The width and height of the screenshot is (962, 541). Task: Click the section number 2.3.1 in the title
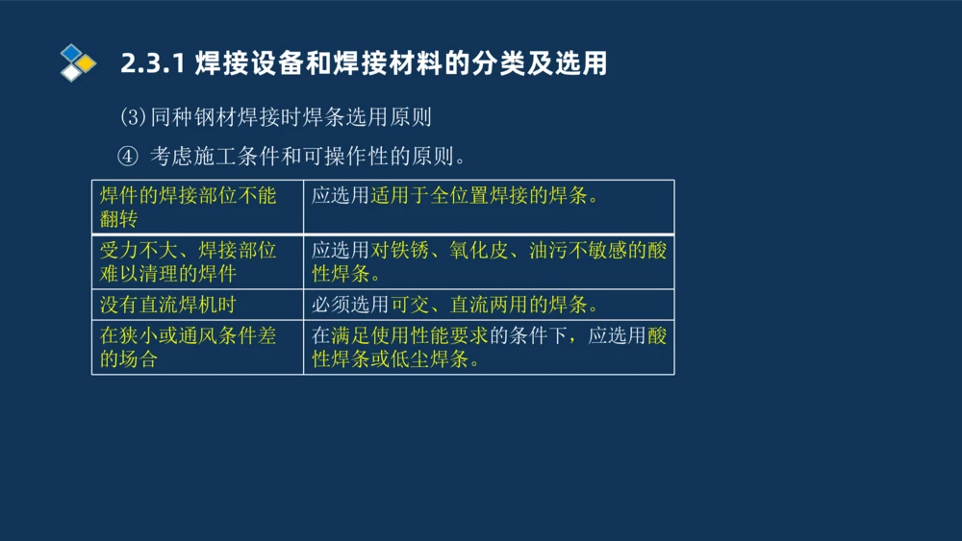coord(153,64)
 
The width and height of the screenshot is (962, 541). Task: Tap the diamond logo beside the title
coord(77,62)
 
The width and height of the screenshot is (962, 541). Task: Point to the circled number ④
coord(128,156)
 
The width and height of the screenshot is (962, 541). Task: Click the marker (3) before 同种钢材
coord(132,117)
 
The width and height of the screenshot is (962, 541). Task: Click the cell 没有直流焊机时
coord(167,305)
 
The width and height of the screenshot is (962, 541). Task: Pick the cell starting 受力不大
coord(188,261)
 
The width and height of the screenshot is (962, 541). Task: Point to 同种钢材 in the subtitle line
coord(198,117)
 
